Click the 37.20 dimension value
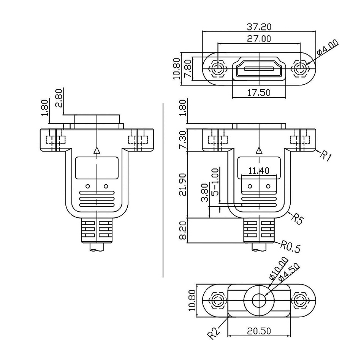pyautogui.click(x=259, y=27)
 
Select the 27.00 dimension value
pyautogui.click(x=259, y=39)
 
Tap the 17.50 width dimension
pyautogui.click(x=259, y=93)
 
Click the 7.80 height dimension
pyautogui.click(x=188, y=68)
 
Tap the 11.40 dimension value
pyautogui.click(x=259, y=171)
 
